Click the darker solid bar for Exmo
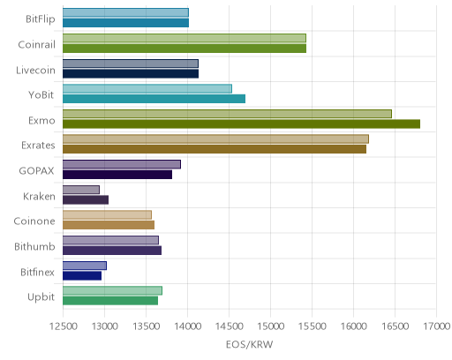pyautogui.click(x=241, y=124)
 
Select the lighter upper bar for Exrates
pyautogui.click(x=215, y=139)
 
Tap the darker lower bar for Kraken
pyautogui.click(x=86, y=200)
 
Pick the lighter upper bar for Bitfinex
pyautogui.click(x=85, y=266)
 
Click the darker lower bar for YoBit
pyautogui.click(x=154, y=99)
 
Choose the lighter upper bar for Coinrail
pyautogui.click(x=185, y=38)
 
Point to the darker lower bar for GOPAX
pyautogui.click(x=117, y=175)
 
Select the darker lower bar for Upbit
pyautogui.click(x=110, y=301)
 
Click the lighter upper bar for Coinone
pyautogui.click(x=107, y=215)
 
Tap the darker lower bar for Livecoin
pyautogui.click(x=131, y=74)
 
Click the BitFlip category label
pyautogui.click(x=41, y=19)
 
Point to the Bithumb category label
pyautogui.click(x=34, y=246)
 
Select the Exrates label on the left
pyautogui.click(x=38, y=146)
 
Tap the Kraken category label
pyautogui.click(x=39, y=196)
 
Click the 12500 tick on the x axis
pyautogui.click(x=64, y=326)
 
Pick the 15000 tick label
pyautogui.click(x=271, y=326)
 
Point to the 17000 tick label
pyautogui.click(x=437, y=326)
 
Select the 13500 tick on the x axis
pyautogui.click(x=147, y=326)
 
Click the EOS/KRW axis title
pyautogui.click(x=250, y=344)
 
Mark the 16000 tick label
pyautogui.click(x=354, y=326)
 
